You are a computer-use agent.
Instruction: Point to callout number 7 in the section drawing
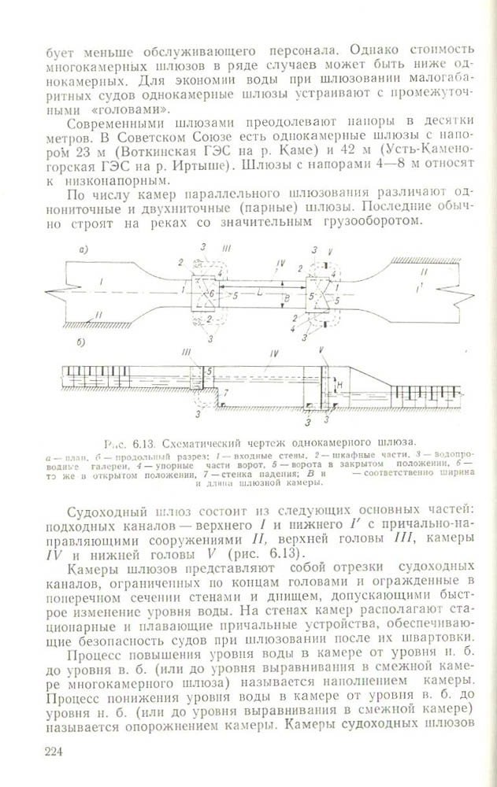226,391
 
